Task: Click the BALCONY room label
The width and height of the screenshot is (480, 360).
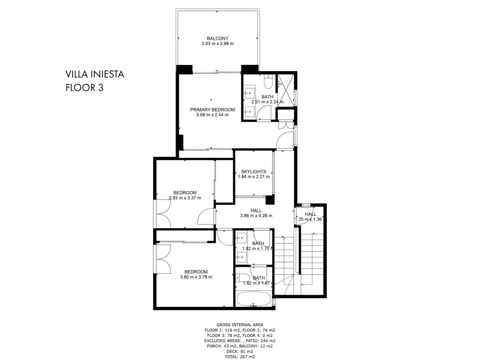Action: coord(217,38)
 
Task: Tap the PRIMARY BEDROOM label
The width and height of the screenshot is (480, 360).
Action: coord(213,110)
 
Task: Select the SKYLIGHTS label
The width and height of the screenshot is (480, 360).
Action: coord(254,171)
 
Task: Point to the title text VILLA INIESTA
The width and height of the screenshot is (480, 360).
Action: coord(95,74)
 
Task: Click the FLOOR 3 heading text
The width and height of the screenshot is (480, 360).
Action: coord(84,87)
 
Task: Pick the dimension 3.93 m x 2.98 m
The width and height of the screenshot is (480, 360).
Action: coord(217,44)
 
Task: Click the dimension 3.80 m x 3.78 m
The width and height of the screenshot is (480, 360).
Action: coord(196,277)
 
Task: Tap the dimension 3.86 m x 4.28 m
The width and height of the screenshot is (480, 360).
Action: coord(256,216)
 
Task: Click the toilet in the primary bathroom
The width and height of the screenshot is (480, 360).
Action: coord(268,83)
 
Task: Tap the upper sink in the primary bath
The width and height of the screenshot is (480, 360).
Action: coord(249,92)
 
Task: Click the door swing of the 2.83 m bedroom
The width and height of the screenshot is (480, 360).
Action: coord(206,217)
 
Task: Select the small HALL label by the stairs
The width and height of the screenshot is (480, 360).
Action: coord(311,214)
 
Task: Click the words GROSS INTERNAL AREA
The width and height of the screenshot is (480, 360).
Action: coord(240,325)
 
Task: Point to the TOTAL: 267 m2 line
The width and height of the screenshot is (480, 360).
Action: coord(240,357)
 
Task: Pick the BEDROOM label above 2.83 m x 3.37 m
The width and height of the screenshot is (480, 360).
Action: coord(185,193)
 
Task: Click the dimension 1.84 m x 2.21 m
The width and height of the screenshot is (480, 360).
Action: coord(254,177)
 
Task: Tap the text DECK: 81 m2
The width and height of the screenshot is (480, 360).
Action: coord(240,351)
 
